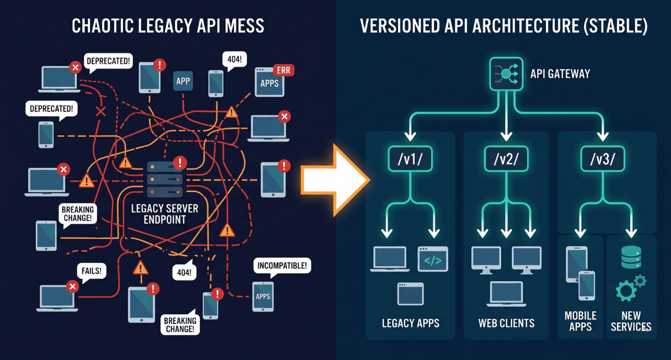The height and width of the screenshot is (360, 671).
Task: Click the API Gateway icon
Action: point(506,74)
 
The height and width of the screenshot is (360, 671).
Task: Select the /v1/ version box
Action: point(410,159)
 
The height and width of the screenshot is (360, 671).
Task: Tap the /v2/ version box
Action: point(506,159)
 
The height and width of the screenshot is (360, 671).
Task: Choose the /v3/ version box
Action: point(602,159)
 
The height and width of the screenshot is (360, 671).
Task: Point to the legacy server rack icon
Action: point(165,179)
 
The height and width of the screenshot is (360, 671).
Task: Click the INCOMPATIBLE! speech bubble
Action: point(282,266)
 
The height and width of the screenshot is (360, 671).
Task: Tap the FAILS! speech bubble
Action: point(91,271)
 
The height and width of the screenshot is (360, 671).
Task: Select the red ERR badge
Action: point(283,70)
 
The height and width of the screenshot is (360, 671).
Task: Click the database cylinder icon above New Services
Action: point(631,257)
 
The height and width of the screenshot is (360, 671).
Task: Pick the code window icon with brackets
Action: point(432,259)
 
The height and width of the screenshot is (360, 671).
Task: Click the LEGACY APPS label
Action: point(410,323)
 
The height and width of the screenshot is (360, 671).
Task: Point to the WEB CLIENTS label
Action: point(506,323)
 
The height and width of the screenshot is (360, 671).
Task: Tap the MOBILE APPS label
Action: point(580,321)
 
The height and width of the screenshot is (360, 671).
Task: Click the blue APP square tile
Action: point(183,81)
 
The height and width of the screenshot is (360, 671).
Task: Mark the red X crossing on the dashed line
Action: point(100,111)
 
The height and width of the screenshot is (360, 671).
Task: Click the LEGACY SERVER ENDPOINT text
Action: point(165,214)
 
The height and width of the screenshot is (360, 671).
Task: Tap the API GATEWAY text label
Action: point(560,74)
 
